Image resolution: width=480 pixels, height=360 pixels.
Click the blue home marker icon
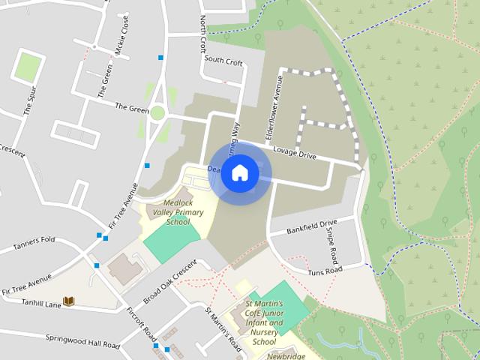coord(239,173)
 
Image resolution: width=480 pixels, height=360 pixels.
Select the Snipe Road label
coord(331,244)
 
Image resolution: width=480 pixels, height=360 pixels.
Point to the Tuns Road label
coord(325,269)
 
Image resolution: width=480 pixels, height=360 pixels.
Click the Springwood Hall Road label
coord(82,341)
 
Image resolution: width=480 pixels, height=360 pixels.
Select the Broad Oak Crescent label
coord(169,281)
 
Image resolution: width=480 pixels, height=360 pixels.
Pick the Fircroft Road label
coord(141,322)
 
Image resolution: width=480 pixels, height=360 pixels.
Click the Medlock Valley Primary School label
coord(178,212)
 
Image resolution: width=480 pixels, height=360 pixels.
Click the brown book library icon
coord(69,301)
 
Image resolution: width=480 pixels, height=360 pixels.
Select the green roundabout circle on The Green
coord(157,113)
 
